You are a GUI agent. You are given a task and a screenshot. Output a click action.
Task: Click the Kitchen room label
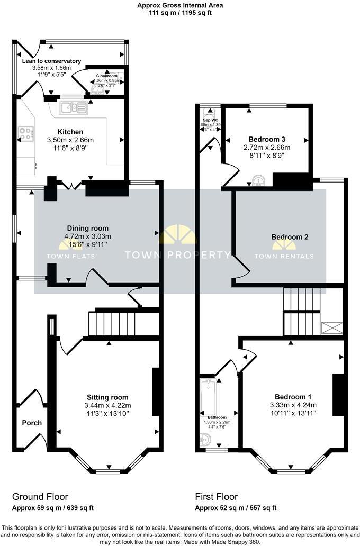[x=70, y=132]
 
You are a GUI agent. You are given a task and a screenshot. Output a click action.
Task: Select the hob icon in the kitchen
[x=26, y=133]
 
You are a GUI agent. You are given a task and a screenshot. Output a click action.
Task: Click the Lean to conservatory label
[x=51, y=61]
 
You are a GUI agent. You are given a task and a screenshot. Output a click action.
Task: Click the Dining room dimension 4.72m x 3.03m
[x=88, y=236]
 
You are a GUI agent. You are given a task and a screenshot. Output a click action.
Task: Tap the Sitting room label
[x=107, y=397]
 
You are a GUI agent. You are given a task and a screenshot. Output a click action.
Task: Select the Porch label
[x=32, y=423]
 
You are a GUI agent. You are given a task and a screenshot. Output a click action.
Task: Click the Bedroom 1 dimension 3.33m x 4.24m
[x=293, y=405]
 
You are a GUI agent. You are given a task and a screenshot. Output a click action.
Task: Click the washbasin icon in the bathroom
[x=206, y=439]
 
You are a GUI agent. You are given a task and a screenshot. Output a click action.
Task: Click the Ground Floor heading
[x=40, y=497]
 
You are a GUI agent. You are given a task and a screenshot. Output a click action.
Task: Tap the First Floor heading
[x=217, y=497]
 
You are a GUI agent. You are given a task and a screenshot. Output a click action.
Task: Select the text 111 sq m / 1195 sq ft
[x=180, y=13]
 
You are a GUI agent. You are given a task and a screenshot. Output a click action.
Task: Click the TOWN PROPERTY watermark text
[x=177, y=255]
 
